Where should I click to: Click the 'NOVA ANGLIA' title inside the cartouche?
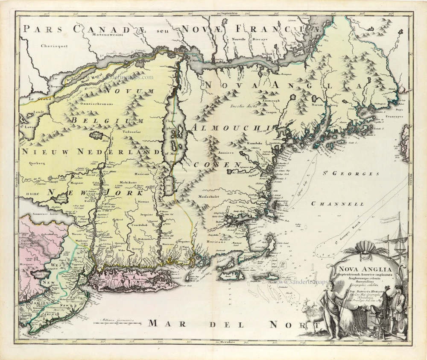(364, 269)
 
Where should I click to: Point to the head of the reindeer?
(307, 307)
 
